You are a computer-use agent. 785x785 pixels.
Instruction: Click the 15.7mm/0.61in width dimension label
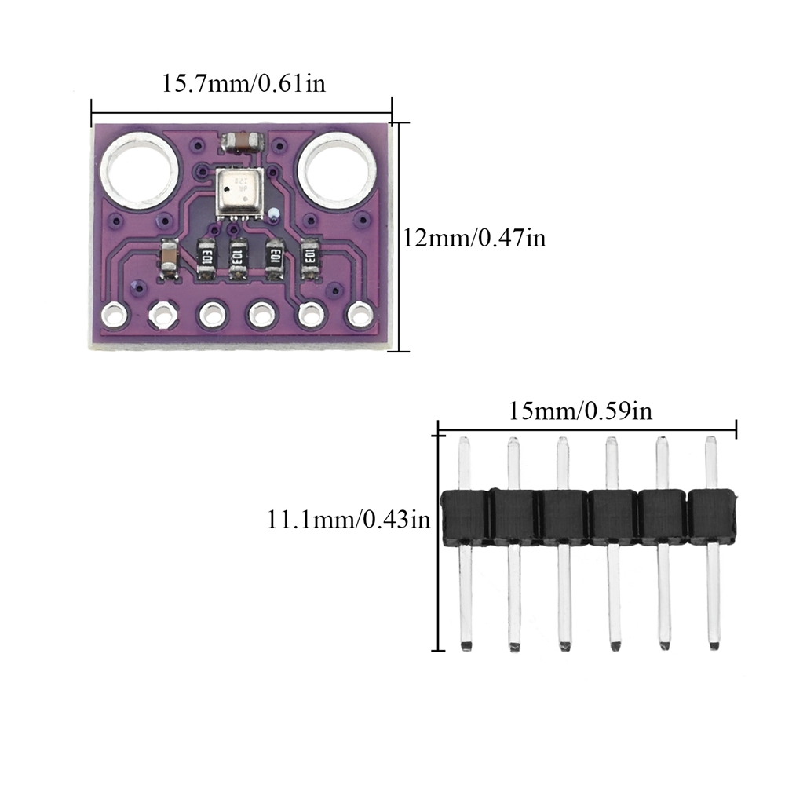click(243, 82)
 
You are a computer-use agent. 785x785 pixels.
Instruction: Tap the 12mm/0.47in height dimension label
click(474, 237)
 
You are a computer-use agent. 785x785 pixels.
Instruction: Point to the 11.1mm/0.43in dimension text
click(349, 519)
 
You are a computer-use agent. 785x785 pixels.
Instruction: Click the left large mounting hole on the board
click(138, 171)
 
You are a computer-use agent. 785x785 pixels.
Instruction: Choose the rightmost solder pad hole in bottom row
click(359, 315)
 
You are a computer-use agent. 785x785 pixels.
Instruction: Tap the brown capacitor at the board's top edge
click(243, 143)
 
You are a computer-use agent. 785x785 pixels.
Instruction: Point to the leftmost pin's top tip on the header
click(464, 444)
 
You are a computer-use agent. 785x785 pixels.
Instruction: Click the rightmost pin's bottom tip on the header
click(713, 645)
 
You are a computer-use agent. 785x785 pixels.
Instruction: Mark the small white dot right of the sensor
click(272, 214)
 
